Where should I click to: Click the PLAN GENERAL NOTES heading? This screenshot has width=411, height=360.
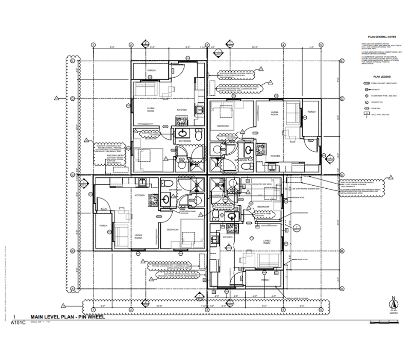[x=382, y=37]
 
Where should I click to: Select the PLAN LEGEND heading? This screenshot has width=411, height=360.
[x=382, y=77]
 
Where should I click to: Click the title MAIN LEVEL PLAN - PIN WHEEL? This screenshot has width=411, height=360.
[x=67, y=317]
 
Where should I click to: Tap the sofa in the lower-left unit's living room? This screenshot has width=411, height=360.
[x=121, y=236]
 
